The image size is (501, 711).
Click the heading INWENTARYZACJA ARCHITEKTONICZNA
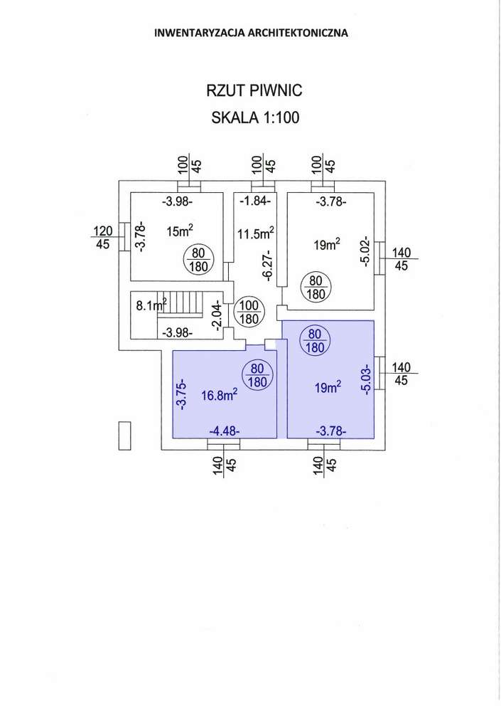point(251,33)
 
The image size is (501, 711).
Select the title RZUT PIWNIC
point(254,91)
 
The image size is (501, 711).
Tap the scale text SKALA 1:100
point(255,118)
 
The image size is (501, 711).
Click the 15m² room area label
point(180,231)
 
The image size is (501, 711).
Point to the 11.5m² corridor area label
point(256,233)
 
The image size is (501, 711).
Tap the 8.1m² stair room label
point(151,306)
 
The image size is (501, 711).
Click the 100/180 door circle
point(249,311)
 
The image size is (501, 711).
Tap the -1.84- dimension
point(254,201)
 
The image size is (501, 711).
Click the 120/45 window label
point(104,237)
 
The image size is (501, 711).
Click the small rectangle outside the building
point(125,435)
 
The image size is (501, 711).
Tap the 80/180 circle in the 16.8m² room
point(257,374)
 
